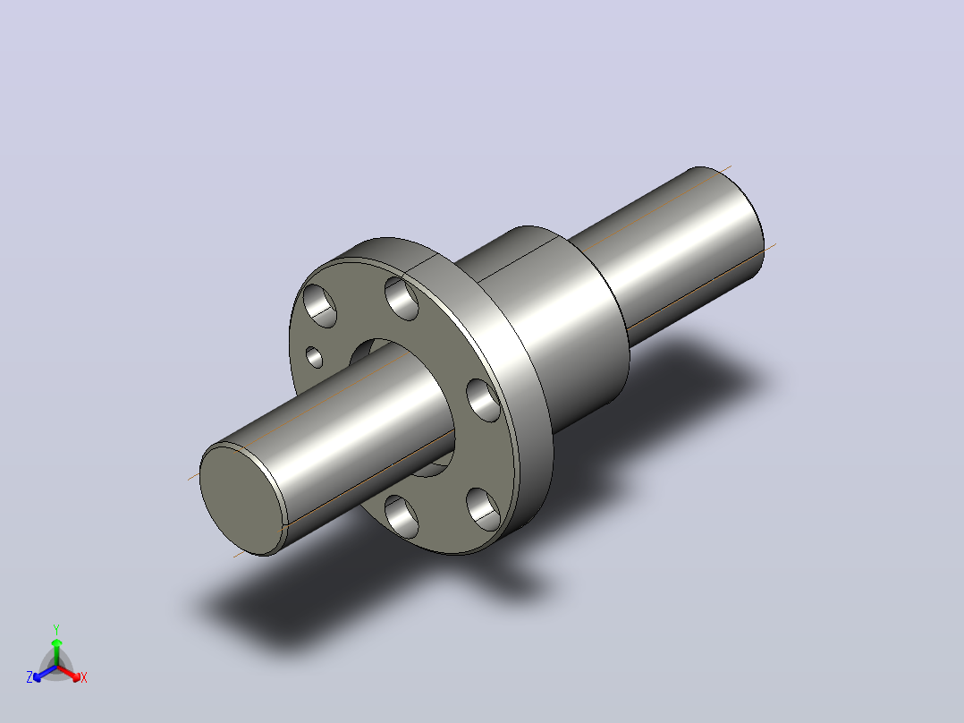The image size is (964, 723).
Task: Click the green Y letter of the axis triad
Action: coord(56,629)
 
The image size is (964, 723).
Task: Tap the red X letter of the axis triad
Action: coord(84,677)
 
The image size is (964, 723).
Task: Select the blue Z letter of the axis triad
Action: coord(30,677)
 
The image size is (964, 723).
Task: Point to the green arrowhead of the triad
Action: coord(56,642)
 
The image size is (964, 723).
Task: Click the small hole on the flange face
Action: coord(314,358)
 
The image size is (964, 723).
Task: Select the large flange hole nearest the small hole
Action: coord(320,306)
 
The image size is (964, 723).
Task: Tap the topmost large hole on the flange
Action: coord(402,299)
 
